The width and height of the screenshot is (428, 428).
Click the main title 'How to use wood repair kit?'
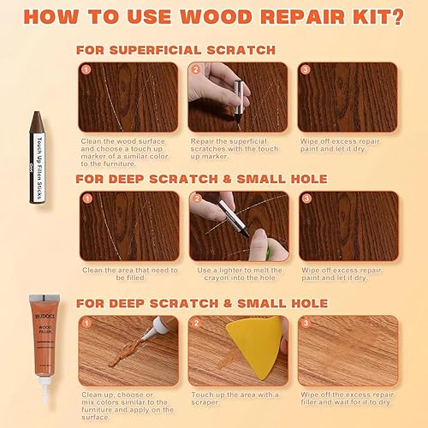click(214, 17)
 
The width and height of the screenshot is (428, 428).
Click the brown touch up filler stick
click(37, 143)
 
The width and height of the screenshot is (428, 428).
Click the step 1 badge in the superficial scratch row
click(85, 70)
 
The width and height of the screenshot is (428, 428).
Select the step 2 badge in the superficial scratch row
click(196, 70)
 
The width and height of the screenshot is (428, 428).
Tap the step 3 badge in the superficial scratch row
click(306, 70)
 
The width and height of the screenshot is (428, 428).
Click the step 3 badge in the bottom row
click(306, 323)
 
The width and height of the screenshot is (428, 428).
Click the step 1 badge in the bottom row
click(85, 323)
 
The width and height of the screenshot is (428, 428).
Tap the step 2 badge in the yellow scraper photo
click(196, 323)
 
